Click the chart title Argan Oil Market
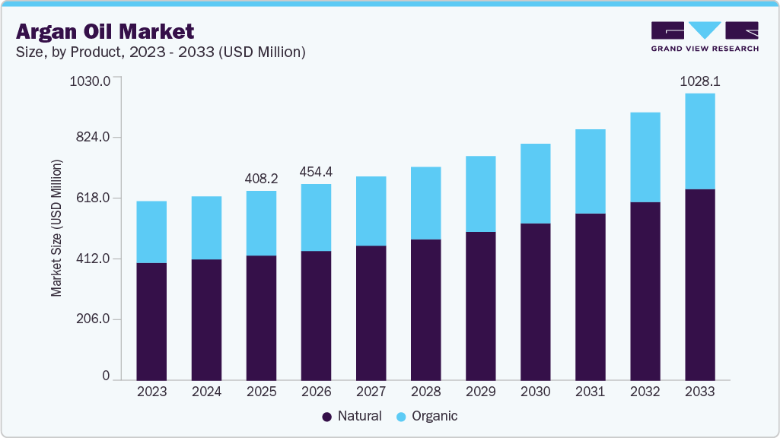105,31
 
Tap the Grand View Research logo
704,36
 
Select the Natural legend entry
352,416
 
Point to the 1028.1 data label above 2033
699,80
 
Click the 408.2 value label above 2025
261,178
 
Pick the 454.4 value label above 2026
316,171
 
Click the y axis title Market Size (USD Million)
57,228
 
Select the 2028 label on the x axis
425,392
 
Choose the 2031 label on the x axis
590,392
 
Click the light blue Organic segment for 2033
699,141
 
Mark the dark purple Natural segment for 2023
151,321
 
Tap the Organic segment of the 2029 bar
480,194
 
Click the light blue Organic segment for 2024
206,228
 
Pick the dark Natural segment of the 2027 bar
371,312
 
